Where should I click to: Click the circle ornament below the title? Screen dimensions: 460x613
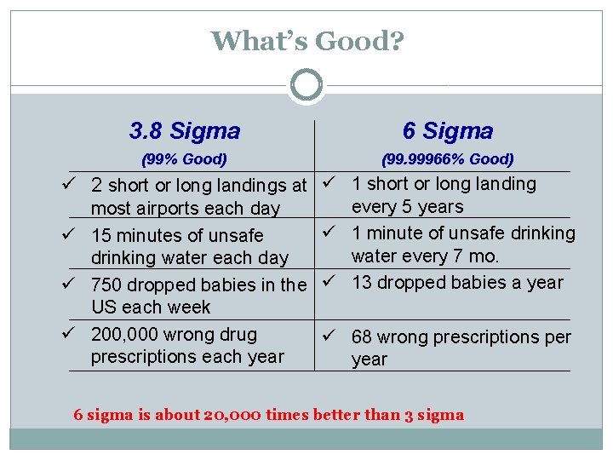coord(306,85)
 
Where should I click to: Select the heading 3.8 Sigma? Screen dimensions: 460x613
coord(185,131)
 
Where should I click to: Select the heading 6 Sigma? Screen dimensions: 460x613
coord(448,130)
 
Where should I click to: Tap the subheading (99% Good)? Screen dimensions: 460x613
coord(184,159)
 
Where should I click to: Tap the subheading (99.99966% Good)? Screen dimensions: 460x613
coord(448,159)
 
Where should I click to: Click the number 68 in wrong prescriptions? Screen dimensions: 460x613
coord(363,337)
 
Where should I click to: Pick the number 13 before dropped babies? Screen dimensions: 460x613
coord(363,283)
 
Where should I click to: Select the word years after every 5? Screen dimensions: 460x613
coord(441,207)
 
